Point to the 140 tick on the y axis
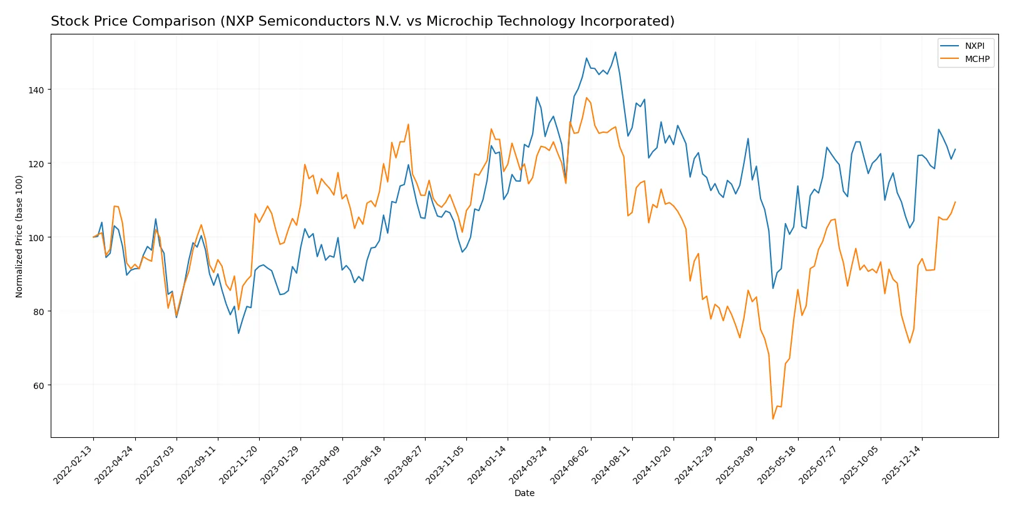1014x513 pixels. coord(36,90)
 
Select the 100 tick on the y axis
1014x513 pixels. coord(36,238)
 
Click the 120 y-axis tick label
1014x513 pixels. coord(36,164)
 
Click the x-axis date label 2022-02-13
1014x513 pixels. coord(74,464)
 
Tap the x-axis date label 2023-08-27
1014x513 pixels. coord(406,464)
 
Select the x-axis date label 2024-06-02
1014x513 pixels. coord(571,464)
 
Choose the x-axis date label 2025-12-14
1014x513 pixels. coord(903,464)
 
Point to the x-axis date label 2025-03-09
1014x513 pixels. coord(737,464)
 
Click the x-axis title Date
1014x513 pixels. coord(525,494)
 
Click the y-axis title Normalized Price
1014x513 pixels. coord(19,236)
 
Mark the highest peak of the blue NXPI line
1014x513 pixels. coord(615,52)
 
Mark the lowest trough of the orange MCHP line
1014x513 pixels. coord(773,419)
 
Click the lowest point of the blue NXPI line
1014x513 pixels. coord(238,333)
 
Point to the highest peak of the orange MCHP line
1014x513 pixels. coord(586,98)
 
